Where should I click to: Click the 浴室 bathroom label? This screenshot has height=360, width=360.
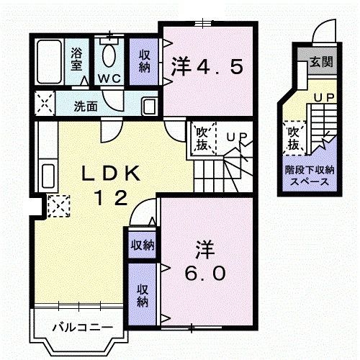tap(76, 59)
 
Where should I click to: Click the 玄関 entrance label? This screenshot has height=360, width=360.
tap(321, 62)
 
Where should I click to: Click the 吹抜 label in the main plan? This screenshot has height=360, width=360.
tap(202, 139)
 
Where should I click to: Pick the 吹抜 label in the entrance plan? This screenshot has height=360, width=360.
tap(294, 139)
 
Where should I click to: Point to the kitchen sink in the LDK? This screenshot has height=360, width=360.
tap(48, 175)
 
